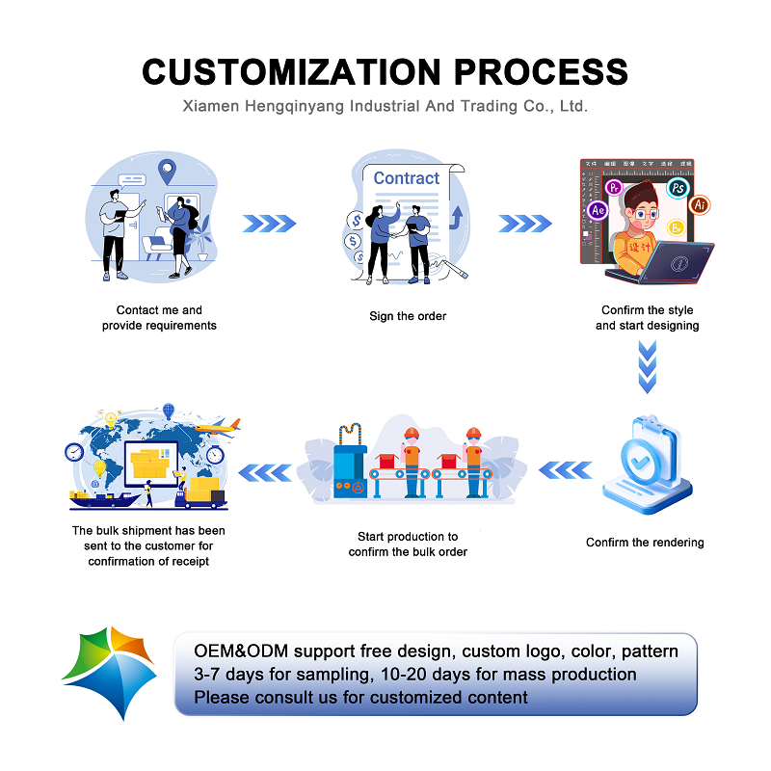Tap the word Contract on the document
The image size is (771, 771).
pyautogui.click(x=406, y=178)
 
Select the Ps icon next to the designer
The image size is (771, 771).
pyautogui.click(x=679, y=188)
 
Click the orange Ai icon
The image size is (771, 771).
pyautogui.click(x=701, y=204)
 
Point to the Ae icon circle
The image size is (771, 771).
pyautogui.click(x=598, y=209)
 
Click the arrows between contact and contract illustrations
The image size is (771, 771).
pyautogui.click(x=268, y=224)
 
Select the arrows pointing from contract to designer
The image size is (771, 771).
pyautogui.click(x=524, y=224)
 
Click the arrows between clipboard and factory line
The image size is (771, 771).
pyautogui.click(x=565, y=470)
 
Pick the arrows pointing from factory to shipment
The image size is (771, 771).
pyautogui.click(x=264, y=471)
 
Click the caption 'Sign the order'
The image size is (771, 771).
pyautogui.click(x=408, y=316)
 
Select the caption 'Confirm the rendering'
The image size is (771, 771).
pyautogui.click(x=645, y=543)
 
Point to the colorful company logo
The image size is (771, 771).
pyautogui.click(x=108, y=672)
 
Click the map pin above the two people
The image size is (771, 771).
pyautogui.click(x=169, y=173)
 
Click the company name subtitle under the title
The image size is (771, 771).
pyautogui.click(x=385, y=106)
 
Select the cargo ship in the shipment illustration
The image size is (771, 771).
pyautogui.click(x=101, y=497)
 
